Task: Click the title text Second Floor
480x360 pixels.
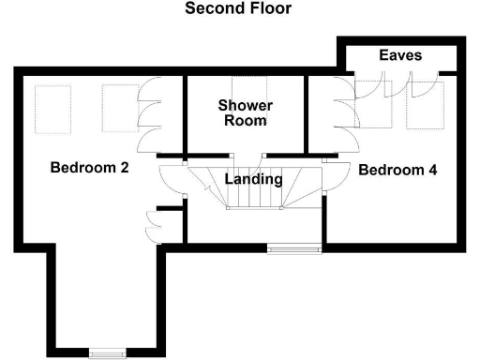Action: [237, 9]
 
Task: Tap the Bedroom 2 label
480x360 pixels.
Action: [89, 169]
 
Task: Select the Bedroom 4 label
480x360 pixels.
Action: [397, 171]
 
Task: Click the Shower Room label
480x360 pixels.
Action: [243, 112]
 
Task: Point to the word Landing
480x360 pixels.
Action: [253, 179]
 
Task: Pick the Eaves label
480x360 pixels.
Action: [400, 55]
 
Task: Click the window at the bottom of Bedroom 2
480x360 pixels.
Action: [107, 352]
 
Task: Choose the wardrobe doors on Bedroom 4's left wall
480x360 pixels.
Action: [345, 117]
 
